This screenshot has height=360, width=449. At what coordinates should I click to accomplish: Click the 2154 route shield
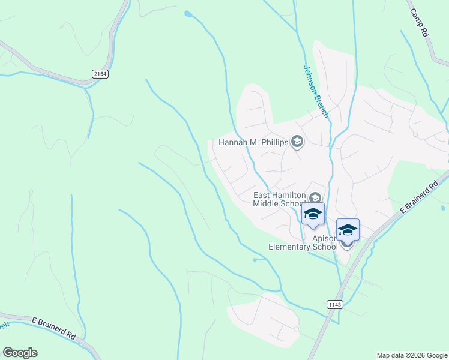pos(101,73)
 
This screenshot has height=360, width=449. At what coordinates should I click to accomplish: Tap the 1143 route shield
pos(335,305)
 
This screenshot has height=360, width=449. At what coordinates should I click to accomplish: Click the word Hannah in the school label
pos(232,143)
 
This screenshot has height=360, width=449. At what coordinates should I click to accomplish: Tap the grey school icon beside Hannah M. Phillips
pos(297,142)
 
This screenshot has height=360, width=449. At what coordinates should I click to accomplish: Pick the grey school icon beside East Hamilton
pos(315,197)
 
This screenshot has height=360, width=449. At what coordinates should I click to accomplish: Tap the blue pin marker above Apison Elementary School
pos(348,230)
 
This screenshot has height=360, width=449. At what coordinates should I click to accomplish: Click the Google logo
pos(20,353)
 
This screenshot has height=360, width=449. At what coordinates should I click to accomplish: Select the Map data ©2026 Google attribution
pos(412,355)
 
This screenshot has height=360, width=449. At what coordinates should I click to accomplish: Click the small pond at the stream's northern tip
pos(188,13)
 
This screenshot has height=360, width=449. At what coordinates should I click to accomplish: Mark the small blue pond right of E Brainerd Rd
pos(443,208)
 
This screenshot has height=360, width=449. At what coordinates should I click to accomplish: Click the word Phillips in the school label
pos(274,143)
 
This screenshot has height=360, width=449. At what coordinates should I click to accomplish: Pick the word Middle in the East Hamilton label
pos(267,203)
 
